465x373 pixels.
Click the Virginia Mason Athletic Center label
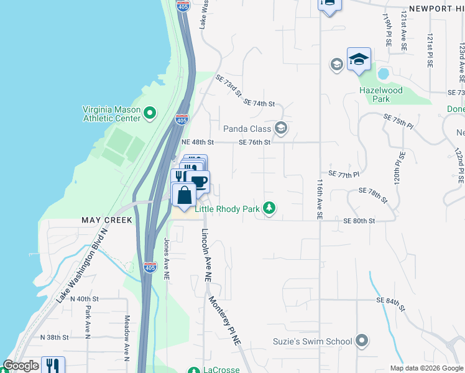[111, 113]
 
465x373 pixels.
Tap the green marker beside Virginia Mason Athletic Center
[149, 113]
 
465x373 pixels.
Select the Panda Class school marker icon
[280, 128]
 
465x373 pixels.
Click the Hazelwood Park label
[382, 94]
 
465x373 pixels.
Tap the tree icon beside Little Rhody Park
[269, 208]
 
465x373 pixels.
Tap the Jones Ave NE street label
[167, 257]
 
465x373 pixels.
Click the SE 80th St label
[359, 221]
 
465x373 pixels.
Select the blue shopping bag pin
[184, 195]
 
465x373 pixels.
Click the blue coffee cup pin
[199, 182]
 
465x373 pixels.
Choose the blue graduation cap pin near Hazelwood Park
[359, 59]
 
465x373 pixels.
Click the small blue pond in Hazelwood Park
[383, 74]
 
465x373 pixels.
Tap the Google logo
[21, 366]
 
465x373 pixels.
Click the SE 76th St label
[255, 142]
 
